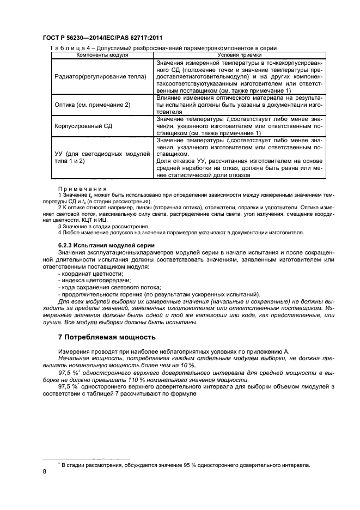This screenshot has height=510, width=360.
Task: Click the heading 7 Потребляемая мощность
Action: [107, 336]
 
